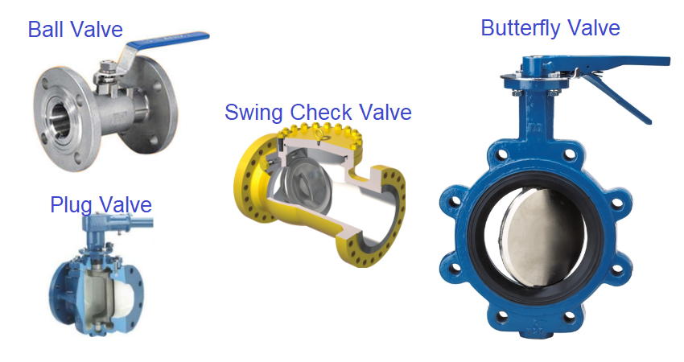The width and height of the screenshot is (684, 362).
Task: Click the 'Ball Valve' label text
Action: click(76, 30)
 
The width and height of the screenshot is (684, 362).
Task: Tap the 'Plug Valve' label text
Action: click(101, 204)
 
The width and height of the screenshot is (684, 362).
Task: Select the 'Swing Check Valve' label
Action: click(318, 112)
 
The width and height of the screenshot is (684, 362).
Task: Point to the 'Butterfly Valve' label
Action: click(550, 28)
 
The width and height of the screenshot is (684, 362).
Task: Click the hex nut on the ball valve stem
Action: click(106, 67)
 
